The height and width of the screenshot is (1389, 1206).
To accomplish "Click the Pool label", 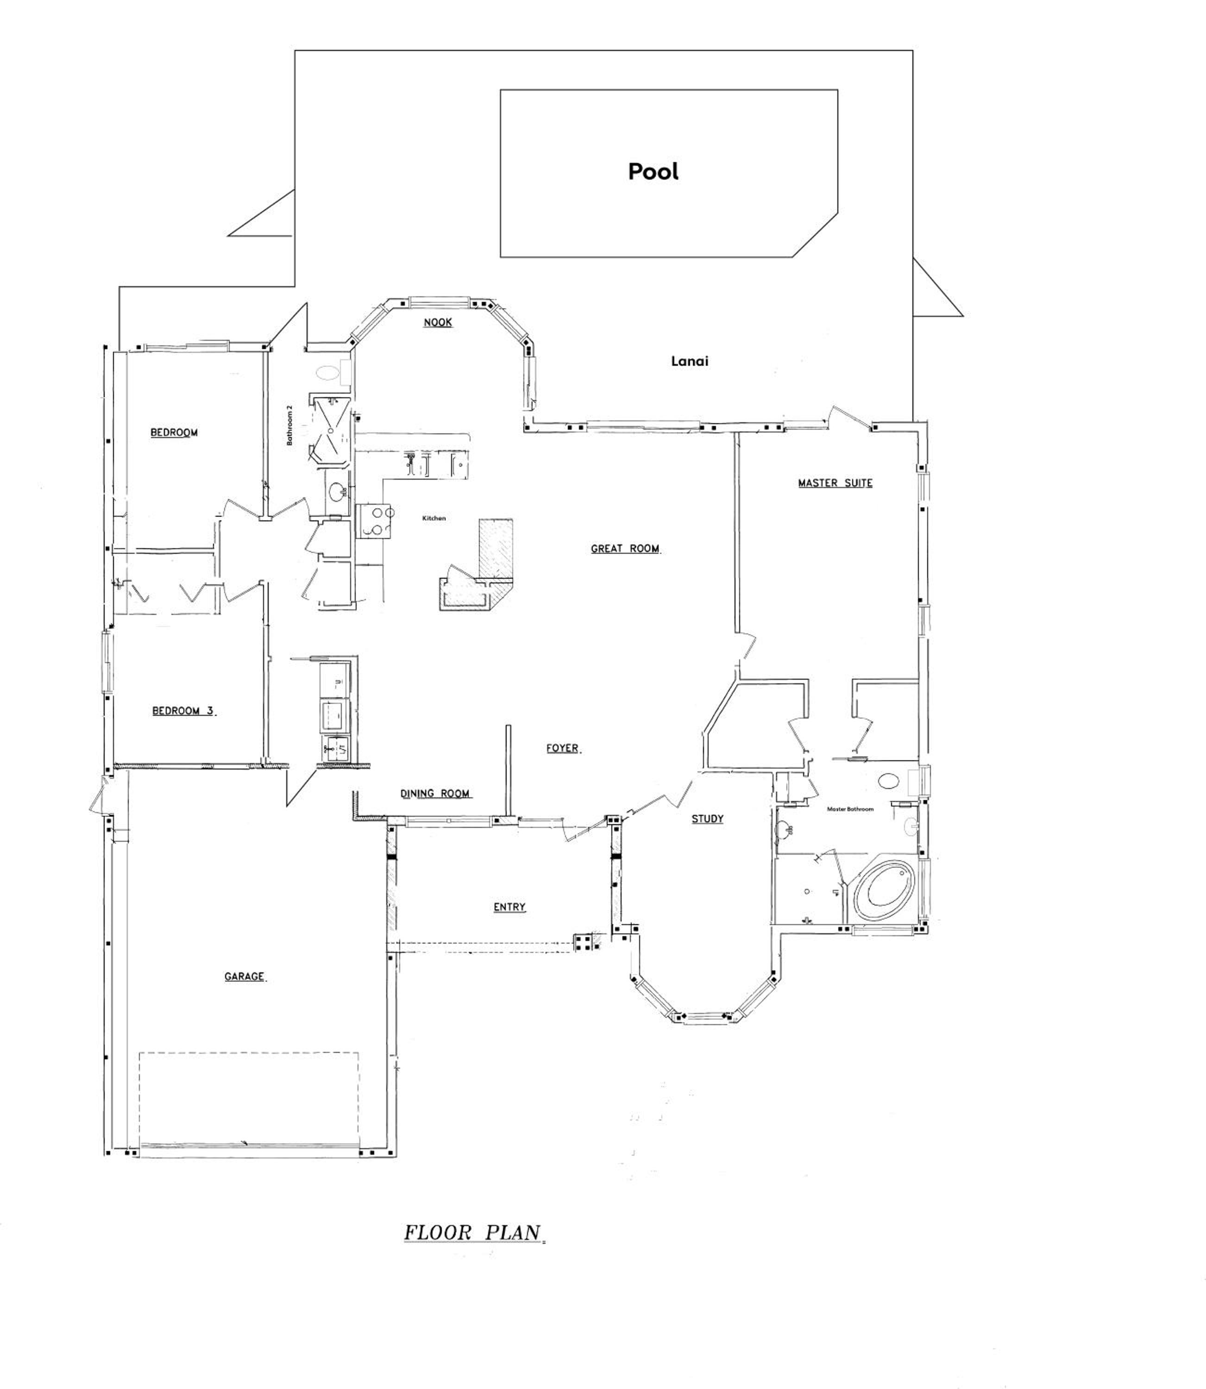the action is point(653,171).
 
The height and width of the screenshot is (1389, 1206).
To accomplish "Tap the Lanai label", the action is point(689,361).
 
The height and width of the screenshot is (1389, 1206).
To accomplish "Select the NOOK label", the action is point(438,322).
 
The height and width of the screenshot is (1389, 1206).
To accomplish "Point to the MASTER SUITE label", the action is point(835,483).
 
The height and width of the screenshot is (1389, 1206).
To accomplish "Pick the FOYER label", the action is point(563,748).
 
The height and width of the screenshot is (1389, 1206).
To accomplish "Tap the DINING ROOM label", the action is point(435,794).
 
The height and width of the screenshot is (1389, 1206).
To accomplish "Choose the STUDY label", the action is point(707,819).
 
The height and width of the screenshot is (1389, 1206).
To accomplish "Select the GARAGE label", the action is point(244,976).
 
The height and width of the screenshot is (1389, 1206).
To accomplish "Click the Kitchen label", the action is point(434,518).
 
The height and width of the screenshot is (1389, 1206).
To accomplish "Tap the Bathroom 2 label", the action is point(290,425).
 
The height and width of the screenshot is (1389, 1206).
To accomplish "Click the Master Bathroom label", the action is point(850,809).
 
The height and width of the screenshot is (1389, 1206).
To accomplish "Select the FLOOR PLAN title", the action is point(473,1233).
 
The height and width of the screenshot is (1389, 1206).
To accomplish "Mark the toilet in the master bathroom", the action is point(888,781).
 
